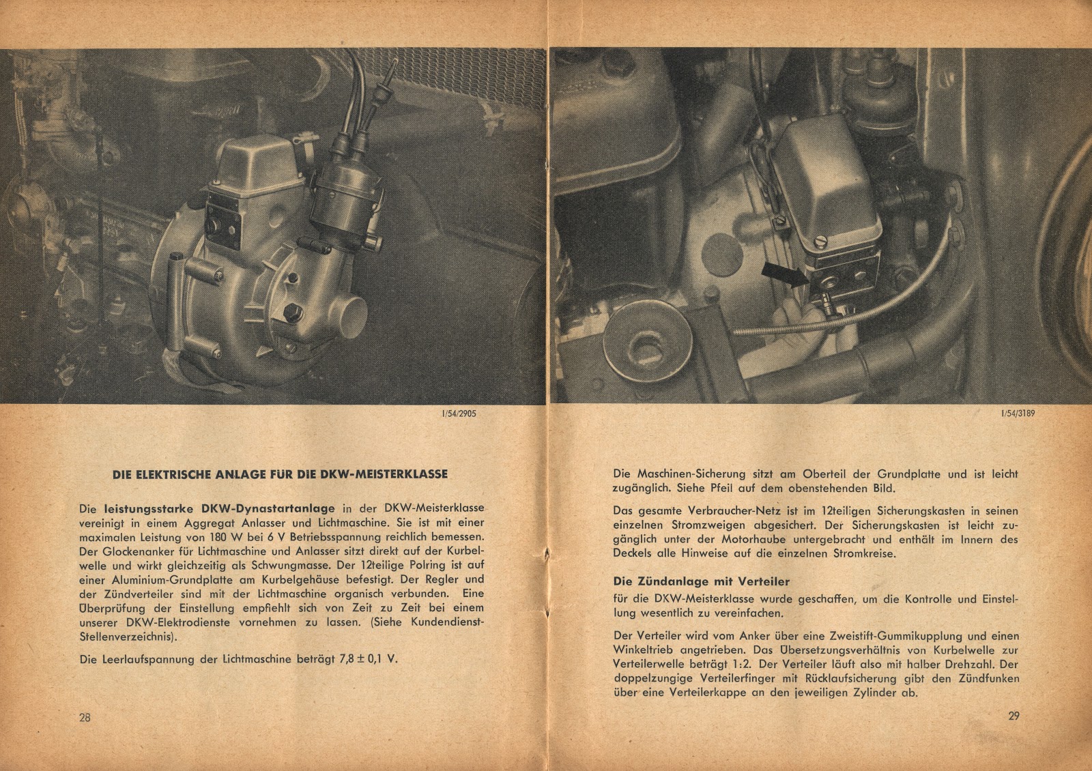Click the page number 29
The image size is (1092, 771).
(x=1012, y=716)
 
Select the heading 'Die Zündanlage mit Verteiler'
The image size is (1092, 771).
(x=692, y=581)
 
